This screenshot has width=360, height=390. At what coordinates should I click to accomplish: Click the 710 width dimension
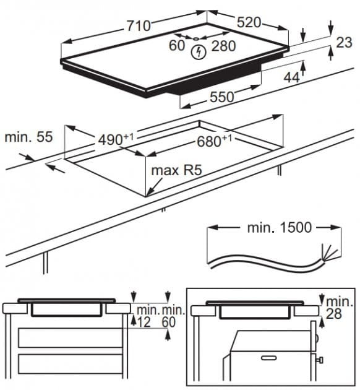click(139, 25)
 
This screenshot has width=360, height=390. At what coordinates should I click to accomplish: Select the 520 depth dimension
click(249, 22)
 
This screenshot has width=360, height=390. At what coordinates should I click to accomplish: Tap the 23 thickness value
click(344, 42)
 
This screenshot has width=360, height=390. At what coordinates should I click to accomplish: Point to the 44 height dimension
click(292, 77)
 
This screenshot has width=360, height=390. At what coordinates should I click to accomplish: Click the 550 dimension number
click(222, 97)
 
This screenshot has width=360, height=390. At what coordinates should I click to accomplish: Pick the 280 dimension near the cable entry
click(223, 46)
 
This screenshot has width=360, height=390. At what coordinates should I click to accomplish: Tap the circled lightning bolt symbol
click(199, 52)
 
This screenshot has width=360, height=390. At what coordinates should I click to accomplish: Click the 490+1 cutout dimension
click(116, 139)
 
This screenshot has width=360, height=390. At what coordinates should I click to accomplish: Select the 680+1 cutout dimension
click(214, 141)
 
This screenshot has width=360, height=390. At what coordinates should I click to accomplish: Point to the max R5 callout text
click(176, 171)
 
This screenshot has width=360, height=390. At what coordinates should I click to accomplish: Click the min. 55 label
click(28, 137)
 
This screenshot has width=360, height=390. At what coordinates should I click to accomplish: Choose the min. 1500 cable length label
click(279, 227)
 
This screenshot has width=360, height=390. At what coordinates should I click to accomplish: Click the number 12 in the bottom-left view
click(144, 322)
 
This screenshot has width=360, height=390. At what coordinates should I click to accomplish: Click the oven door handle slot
click(269, 358)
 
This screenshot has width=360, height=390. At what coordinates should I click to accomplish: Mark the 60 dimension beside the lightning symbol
click(177, 45)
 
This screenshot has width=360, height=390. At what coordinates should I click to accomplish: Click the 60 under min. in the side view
click(169, 322)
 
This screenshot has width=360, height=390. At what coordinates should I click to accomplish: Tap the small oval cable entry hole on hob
click(196, 38)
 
